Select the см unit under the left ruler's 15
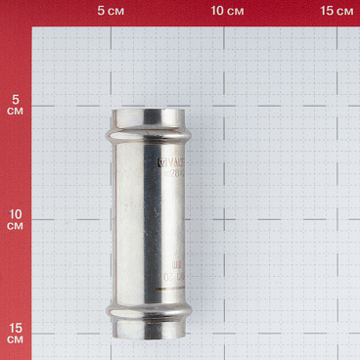pyautogui.click(x=15, y=338)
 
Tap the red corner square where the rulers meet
pyautogui.click(x=15, y=12)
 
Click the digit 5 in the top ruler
pyautogui.click(x=102, y=12)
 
